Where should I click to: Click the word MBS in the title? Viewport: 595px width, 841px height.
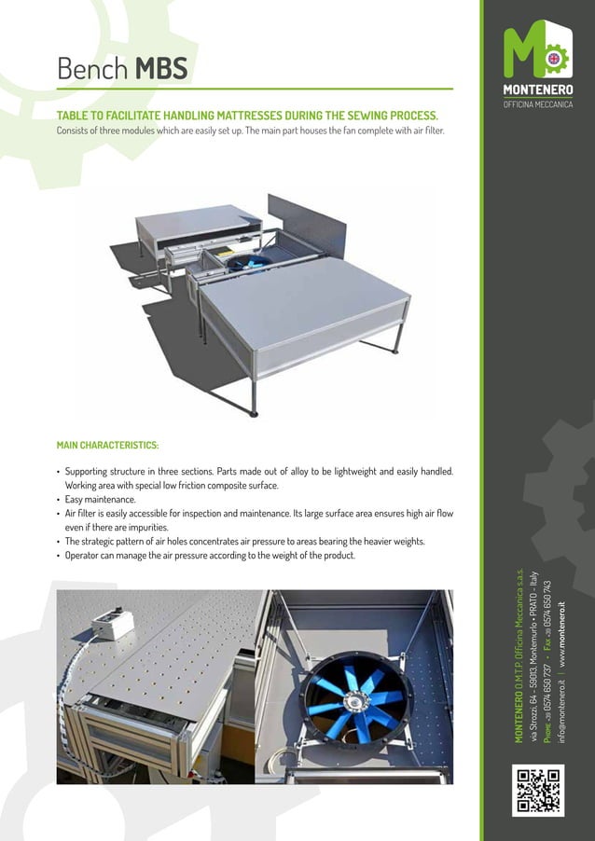point(162,68)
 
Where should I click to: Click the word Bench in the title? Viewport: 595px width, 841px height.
point(92,68)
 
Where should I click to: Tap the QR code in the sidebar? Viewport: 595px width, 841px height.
point(538,791)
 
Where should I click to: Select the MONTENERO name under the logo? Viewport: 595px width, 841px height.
point(538,90)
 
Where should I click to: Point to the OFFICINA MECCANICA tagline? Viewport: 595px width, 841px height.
point(538,103)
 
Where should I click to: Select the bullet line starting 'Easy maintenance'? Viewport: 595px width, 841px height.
point(100,500)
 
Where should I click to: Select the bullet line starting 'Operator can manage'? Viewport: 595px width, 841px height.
point(210,556)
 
